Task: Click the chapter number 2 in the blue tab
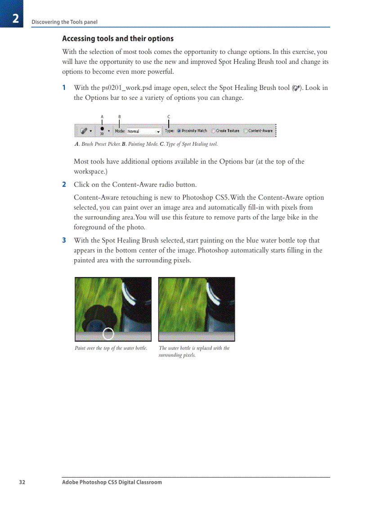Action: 15,19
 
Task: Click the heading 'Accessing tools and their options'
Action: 117,39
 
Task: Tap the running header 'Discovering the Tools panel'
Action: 64,22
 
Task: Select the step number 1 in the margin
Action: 64,88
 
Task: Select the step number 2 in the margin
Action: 64,184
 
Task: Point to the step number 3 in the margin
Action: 64,241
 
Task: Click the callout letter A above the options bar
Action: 102,117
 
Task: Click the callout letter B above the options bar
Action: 119,117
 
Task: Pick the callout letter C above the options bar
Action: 169,117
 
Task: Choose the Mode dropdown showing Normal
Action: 143,131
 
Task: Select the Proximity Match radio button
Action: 179,131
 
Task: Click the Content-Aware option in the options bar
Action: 246,131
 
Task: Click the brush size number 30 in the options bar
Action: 102,134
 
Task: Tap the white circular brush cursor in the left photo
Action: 108,334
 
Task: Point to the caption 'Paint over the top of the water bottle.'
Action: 111,348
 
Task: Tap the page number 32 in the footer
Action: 22,482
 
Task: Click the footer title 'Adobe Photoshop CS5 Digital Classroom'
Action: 112,482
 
